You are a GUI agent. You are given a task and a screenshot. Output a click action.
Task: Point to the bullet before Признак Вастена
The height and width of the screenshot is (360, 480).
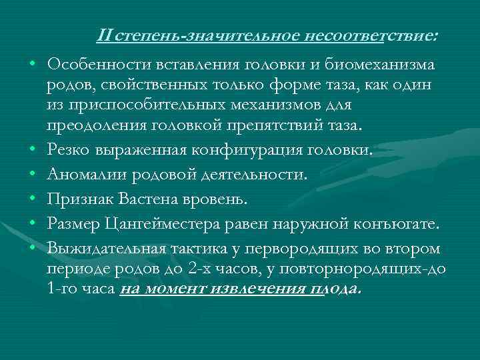tap(31, 199)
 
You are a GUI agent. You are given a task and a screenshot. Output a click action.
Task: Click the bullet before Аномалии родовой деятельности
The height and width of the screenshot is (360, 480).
tap(31, 175)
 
